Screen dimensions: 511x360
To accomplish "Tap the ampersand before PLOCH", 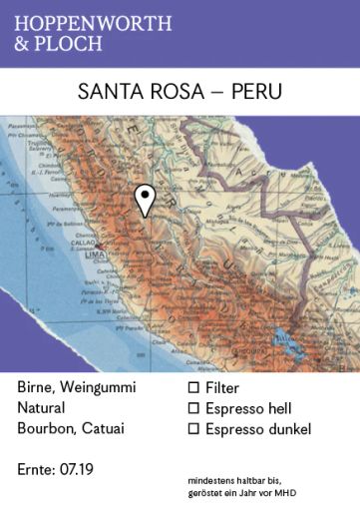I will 24,44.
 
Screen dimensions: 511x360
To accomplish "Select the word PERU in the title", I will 256,91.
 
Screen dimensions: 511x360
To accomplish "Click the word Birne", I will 37,386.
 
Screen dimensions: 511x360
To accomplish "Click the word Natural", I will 41,408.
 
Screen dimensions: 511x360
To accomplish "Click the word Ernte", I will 37,468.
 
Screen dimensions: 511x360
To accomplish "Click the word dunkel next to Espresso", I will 287,430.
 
